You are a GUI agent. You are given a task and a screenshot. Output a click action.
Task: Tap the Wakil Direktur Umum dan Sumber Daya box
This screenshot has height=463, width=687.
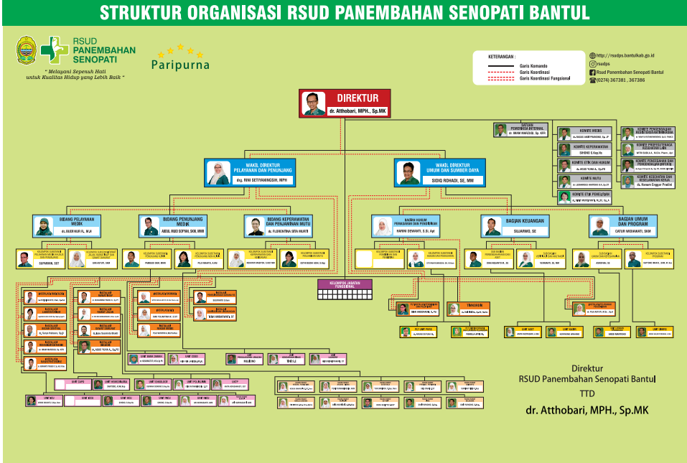point(439,172)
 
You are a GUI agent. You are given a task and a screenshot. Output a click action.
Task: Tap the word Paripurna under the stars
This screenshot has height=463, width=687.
point(180,65)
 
